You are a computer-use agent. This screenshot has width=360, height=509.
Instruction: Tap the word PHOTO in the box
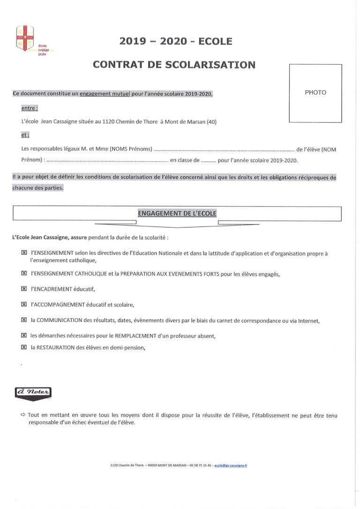coord(315,92)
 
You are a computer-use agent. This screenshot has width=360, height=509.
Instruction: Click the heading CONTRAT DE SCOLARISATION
coord(174,65)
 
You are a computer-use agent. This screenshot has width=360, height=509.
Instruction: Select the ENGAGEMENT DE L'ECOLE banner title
coord(177,213)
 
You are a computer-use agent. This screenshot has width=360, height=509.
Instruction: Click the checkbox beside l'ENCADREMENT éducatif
coord(24,289)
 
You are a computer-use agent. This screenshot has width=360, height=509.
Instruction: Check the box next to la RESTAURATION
coord(24,348)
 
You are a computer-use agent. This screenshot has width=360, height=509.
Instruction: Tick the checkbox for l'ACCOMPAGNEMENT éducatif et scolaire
coord(24,305)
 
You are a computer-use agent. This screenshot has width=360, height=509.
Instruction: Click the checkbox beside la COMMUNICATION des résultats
coord(24,321)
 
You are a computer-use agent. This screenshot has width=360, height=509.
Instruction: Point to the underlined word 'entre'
coord(30,108)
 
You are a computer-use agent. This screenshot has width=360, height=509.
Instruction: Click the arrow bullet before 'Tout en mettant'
coord(22,415)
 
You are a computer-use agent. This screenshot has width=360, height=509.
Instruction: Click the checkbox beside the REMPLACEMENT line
coord(24,336)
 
